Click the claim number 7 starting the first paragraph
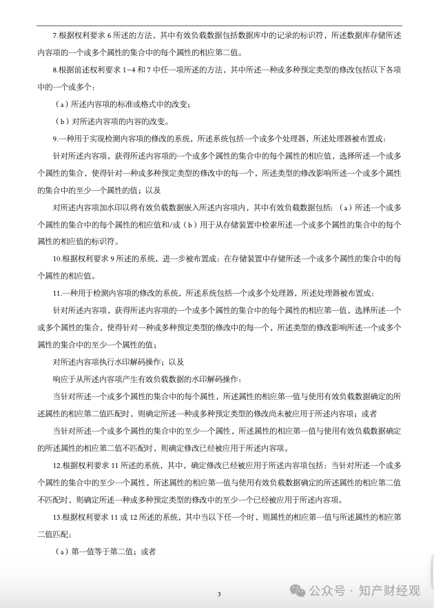click(55, 34)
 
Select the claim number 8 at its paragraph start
click(55, 70)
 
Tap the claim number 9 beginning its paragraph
click(55, 138)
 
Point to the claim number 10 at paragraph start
click(57, 258)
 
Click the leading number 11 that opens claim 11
click(57, 292)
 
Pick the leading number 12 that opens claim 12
click(57, 465)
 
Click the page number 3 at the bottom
click(219, 594)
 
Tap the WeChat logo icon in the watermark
click(298, 589)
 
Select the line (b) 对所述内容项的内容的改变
click(112, 121)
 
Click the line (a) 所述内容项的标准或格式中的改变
click(123, 103)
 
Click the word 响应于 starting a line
click(63, 378)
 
